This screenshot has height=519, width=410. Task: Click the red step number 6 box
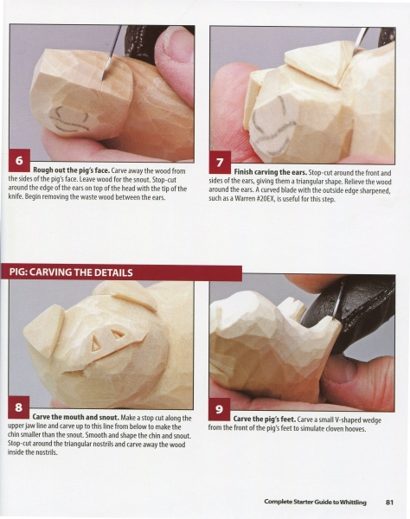(19, 161)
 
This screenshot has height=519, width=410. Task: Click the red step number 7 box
(220, 163)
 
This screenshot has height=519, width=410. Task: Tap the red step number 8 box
(18, 407)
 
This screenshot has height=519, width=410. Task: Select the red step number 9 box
(219, 409)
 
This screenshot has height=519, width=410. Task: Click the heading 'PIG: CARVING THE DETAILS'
(71, 272)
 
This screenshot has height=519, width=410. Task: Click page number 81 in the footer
(389, 502)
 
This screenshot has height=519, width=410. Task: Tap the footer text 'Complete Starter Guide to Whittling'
(315, 502)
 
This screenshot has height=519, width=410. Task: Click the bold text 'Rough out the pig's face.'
(71, 170)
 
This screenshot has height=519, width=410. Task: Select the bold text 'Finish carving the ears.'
(271, 172)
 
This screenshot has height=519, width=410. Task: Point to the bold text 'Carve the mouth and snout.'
(76, 418)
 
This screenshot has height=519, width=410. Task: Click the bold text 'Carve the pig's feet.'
(265, 420)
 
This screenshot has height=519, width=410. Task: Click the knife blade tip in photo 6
(104, 79)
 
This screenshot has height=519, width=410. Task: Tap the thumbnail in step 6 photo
(176, 43)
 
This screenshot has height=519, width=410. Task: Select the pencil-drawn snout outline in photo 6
(70, 119)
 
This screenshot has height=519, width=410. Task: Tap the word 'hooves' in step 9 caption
(355, 429)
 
